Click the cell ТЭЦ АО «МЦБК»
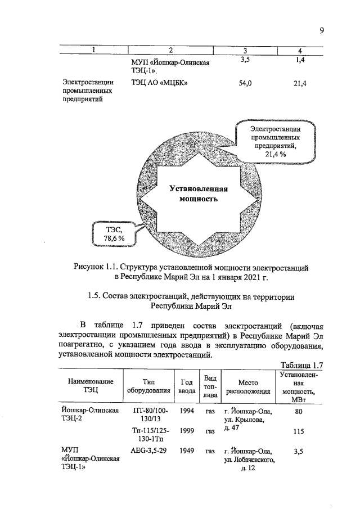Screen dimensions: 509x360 tap(159, 84)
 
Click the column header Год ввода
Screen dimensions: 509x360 tap(187, 386)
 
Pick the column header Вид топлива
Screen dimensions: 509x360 tap(211, 386)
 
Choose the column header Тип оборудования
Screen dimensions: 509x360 tap(148, 386)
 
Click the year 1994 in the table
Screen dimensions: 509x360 tap(187, 411)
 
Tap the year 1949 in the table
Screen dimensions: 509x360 tap(187, 451)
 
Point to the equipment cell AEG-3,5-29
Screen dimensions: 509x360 tap(148, 451)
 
